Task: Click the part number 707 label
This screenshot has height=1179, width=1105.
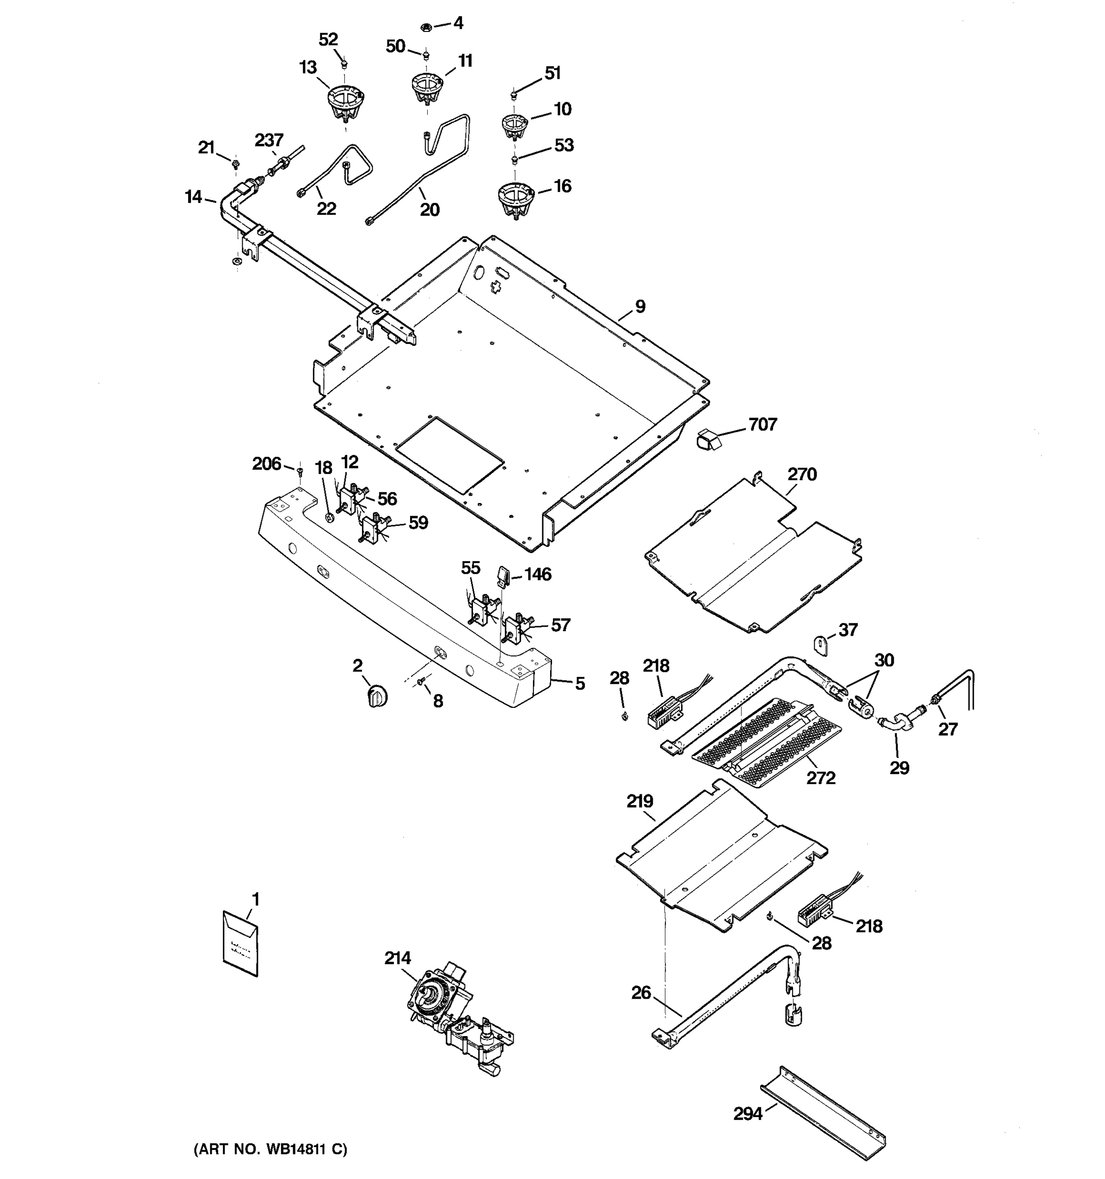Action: (762, 424)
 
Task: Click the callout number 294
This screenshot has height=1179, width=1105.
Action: (747, 1114)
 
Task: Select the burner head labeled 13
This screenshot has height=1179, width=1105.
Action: (346, 102)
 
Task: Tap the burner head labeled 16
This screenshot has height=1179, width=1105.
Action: (515, 199)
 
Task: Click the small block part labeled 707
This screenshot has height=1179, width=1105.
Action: (707, 440)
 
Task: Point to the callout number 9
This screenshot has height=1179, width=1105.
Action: (640, 307)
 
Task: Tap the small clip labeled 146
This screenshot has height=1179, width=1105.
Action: (503, 574)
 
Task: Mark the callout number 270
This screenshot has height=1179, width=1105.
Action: (802, 475)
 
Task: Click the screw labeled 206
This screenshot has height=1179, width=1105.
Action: (300, 472)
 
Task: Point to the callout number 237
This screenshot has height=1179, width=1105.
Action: (269, 140)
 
